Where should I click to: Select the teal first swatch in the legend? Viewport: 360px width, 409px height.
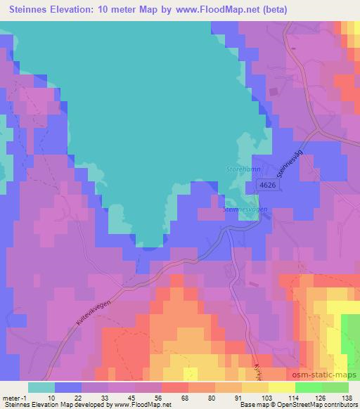click(x=41, y=387)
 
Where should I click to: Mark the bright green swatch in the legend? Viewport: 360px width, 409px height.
click(x=307, y=387)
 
